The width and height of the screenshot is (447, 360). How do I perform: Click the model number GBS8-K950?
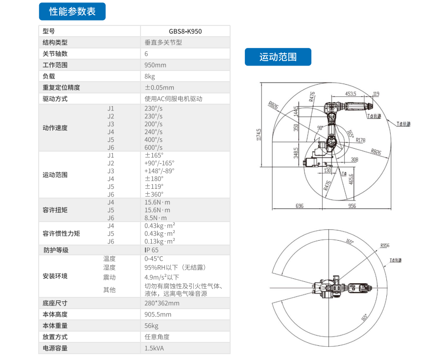[x=185, y=31]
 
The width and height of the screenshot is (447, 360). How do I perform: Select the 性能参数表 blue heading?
[x=72, y=11]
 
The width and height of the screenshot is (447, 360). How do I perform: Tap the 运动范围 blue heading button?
[x=278, y=57]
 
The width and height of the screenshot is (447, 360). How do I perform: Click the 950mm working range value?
[x=155, y=65]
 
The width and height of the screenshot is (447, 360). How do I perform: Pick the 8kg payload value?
[x=150, y=76]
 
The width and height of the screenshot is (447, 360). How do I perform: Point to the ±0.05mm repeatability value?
[x=159, y=88]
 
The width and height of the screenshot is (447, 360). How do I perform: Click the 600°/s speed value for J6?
[x=153, y=147]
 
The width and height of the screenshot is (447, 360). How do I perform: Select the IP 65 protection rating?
[x=151, y=250]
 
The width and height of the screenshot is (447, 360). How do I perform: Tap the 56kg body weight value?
[x=151, y=326]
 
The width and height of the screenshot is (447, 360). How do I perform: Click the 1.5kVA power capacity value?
[x=155, y=348]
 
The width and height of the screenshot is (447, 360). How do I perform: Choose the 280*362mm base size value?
[x=162, y=303]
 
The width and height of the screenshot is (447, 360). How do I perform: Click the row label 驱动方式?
[x=55, y=99]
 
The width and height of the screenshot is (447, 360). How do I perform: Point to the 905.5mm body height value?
[x=158, y=315]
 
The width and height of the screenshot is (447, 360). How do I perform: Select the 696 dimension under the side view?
[x=300, y=206]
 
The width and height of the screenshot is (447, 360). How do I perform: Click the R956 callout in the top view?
[x=385, y=246]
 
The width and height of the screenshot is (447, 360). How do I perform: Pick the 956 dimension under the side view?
[x=352, y=206]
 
